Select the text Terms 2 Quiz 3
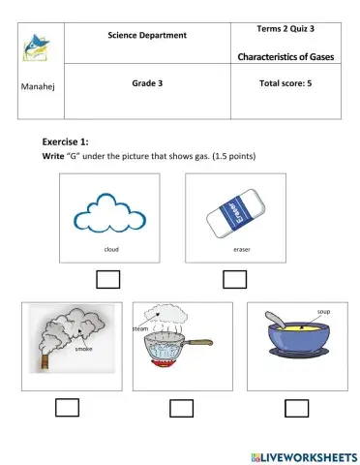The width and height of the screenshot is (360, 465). tap(285, 30)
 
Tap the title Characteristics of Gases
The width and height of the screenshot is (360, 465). tap(285, 57)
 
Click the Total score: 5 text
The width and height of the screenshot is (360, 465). tap(285, 84)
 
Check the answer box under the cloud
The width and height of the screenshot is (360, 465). tap(109, 279)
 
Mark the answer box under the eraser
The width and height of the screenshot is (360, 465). tap(234, 279)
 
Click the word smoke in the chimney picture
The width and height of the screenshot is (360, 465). tap(84, 349)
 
